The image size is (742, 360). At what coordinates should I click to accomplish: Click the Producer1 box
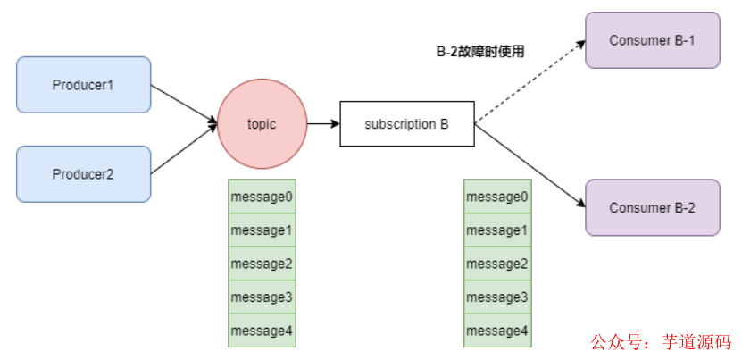coord(84,85)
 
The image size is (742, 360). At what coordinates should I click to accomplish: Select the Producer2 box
coord(84,174)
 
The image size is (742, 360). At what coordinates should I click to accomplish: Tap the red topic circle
coord(262,123)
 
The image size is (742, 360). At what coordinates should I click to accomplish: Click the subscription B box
coord(406,124)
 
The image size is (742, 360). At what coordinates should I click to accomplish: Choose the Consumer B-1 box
coord(652,40)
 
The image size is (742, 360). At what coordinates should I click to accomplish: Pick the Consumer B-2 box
coord(652,207)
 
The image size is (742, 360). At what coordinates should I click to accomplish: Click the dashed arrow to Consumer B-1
coord(529,81)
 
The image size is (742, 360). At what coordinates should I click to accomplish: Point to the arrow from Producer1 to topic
coord(184,104)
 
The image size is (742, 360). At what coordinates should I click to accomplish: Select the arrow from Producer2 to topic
coord(184,148)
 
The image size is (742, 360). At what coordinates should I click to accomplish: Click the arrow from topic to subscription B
coord(322,124)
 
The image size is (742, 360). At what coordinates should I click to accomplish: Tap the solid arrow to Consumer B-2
coord(529,166)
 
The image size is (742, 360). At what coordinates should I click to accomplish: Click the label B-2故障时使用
coord(479,52)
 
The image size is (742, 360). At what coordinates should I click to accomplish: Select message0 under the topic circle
coord(262,197)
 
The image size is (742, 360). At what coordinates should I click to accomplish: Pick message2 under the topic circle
coord(262,264)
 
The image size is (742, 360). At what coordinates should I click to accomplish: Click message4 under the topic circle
coord(262,331)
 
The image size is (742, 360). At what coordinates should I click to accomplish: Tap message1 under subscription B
coord(497,230)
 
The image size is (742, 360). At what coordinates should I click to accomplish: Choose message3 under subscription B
coord(497,297)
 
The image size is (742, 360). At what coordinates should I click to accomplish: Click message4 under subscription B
coord(497,331)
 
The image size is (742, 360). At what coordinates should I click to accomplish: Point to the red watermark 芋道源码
coord(696,342)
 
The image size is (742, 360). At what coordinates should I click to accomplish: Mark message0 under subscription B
coord(497,197)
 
